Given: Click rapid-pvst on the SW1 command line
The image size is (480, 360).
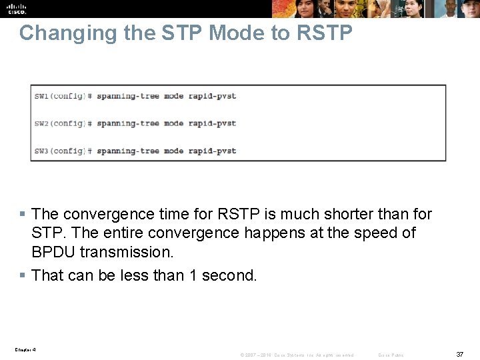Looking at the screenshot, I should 212,96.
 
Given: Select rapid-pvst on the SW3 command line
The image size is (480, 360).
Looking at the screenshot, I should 212,151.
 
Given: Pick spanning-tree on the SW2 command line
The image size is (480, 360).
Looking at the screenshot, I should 128,123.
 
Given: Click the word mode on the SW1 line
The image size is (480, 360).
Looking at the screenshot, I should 173,96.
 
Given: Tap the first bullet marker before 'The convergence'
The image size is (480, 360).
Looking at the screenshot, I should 22,215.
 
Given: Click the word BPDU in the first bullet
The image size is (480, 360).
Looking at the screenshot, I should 53,252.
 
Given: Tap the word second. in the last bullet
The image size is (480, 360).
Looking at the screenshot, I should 229,275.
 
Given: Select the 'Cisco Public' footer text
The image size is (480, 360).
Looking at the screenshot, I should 391,355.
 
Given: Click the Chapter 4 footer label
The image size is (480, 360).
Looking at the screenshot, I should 25,349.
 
